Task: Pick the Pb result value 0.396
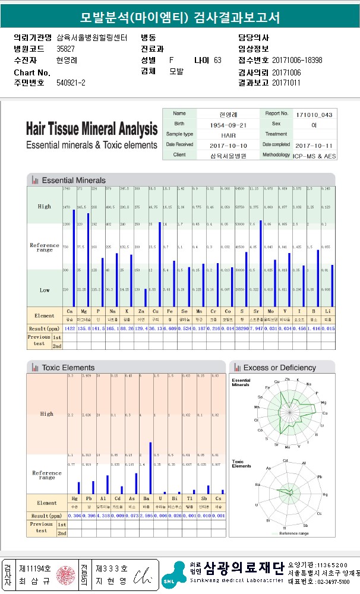(x=88, y=516)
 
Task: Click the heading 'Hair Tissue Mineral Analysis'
(x=92, y=129)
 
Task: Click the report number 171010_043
(x=314, y=114)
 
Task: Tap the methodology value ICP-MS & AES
(x=314, y=155)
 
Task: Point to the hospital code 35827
(x=65, y=49)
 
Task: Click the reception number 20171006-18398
(x=297, y=60)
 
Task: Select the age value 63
(x=217, y=60)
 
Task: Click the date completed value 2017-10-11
(x=314, y=146)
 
